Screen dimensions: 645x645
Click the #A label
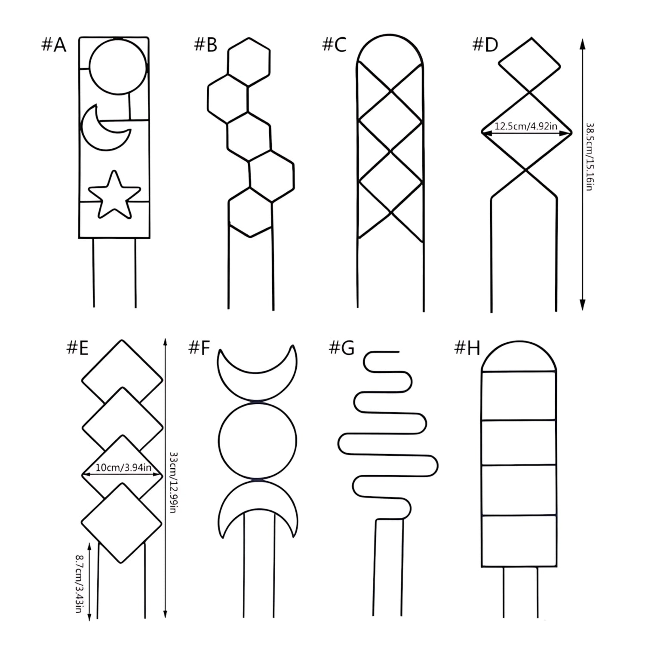54,45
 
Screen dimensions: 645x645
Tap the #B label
206,45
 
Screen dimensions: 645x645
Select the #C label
334,45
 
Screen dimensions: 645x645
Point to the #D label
485,45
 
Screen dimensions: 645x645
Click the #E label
77,347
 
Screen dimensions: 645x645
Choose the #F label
199,347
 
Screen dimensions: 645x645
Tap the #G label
342,347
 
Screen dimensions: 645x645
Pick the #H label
467,347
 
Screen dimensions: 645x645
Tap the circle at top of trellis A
118,38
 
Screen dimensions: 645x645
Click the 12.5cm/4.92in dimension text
526,126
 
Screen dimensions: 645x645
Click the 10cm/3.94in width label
123,467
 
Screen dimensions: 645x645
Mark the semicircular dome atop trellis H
519,342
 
